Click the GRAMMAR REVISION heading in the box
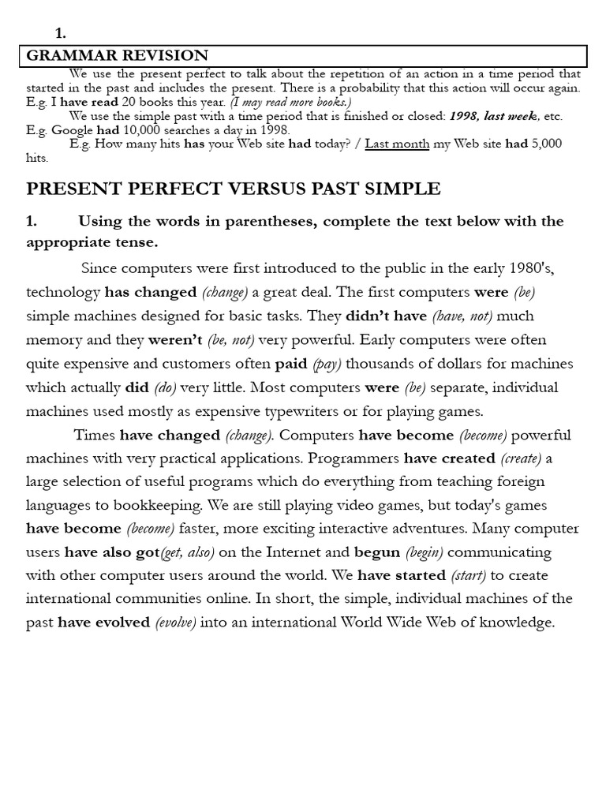(x=118, y=55)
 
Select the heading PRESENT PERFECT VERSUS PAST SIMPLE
(x=234, y=189)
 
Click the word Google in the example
(x=73, y=130)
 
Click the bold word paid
(x=290, y=364)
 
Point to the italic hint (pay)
(x=327, y=364)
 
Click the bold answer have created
(x=450, y=458)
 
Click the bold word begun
(x=378, y=552)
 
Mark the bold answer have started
(x=402, y=575)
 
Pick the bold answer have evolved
(x=103, y=623)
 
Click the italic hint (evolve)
(x=176, y=623)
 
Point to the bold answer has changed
(x=151, y=292)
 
